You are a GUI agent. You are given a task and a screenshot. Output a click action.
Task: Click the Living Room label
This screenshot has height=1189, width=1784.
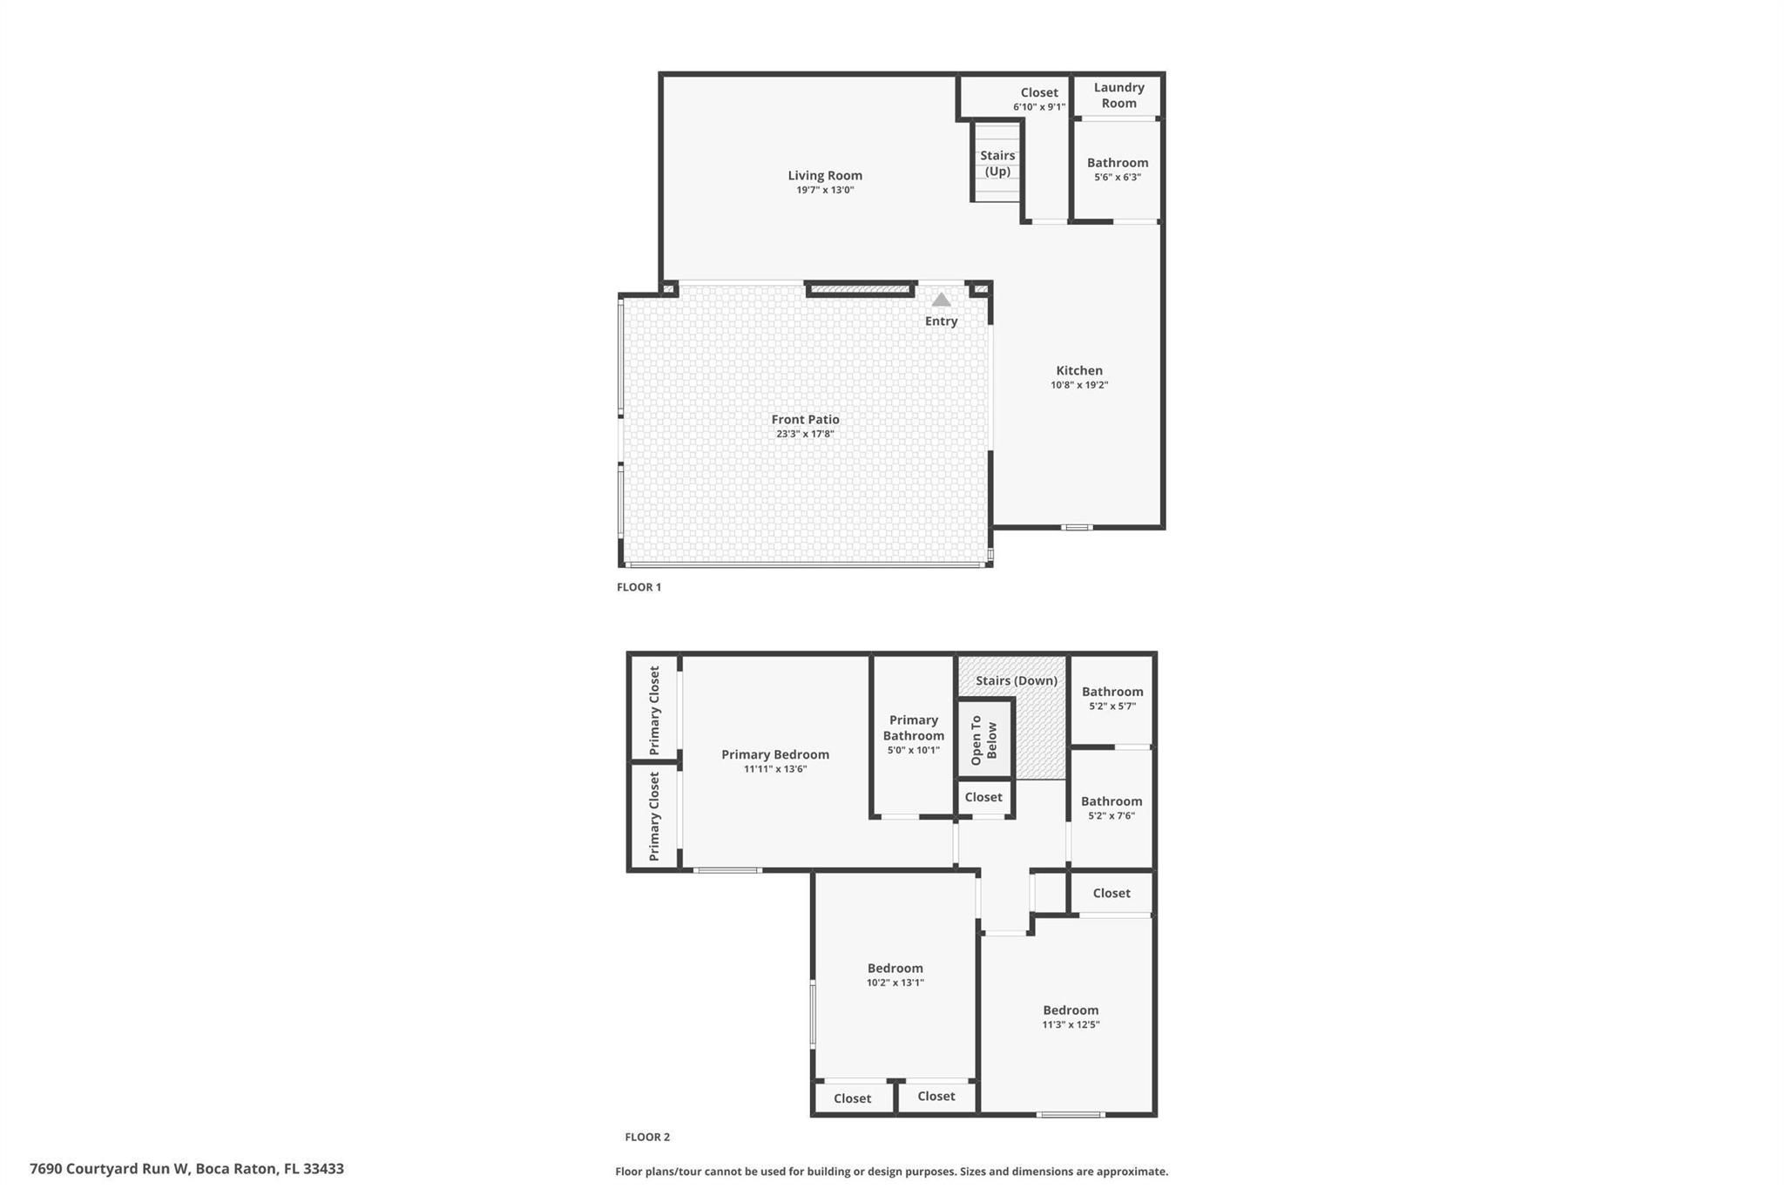tap(825, 175)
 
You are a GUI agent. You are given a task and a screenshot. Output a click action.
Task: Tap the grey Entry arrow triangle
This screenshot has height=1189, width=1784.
tap(941, 300)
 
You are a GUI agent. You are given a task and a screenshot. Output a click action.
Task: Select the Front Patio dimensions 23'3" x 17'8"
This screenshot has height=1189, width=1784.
tap(805, 434)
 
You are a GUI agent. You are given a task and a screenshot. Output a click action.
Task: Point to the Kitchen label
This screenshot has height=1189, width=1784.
tap(1079, 370)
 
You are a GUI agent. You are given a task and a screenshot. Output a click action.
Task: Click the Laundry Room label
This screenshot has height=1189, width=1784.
tap(1119, 95)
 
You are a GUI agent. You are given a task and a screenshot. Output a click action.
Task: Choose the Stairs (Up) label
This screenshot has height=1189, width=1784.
tap(997, 163)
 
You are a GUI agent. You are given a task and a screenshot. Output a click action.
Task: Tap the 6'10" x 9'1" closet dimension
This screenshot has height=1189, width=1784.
tap(1039, 107)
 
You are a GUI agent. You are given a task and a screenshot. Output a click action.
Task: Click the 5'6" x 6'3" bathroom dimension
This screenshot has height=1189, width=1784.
tap(1118, 177)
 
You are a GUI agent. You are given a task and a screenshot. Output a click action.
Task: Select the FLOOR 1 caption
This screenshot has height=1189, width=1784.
tap(639, 587)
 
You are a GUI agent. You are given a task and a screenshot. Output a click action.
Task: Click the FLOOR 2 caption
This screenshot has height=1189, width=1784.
tap(647, 1137)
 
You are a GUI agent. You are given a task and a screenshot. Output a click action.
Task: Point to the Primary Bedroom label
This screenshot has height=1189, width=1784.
tap(775, 754)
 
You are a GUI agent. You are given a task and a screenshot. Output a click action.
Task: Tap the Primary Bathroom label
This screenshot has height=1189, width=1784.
tap(914, 727)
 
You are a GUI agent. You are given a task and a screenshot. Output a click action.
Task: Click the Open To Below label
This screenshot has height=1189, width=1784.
tap(983, 740)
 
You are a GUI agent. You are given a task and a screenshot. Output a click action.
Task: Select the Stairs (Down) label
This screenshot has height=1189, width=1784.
tap(1017, 680)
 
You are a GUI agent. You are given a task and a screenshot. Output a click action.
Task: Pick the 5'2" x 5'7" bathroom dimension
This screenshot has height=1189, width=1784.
tap(1112, 706)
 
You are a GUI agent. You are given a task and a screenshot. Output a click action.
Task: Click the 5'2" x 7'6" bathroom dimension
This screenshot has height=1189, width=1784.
tap(1112, 816)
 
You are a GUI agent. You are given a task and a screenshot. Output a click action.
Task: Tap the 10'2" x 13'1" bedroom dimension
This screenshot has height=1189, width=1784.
tap(895, 983)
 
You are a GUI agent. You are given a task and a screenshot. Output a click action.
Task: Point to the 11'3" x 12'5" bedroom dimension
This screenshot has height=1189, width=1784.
tap(1071, 1024)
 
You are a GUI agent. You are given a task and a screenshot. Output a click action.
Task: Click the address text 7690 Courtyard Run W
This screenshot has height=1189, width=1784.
tap(109, 1169)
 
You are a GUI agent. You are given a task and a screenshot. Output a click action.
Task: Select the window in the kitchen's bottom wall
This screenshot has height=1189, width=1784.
tap(1077, 527)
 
